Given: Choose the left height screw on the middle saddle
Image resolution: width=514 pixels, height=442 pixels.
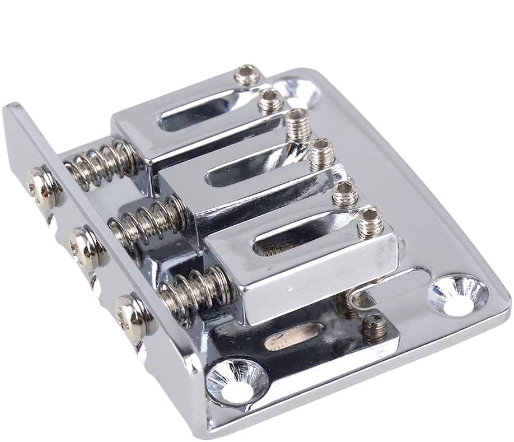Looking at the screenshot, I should pos(297,122).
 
